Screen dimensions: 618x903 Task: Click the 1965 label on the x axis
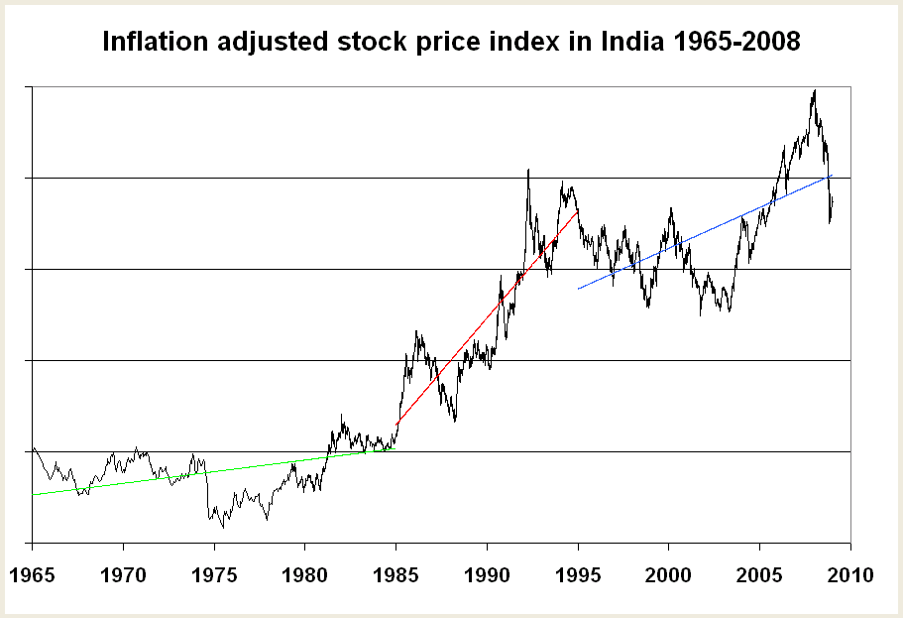pyautogui.click(x=33, y=575)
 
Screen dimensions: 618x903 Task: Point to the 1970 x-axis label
pyautogui.click(x=123, y=575)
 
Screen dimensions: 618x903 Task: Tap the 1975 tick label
pyautogui.click(x=214, y=575)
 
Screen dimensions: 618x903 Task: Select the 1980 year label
pyautogui.click(x=305, y=575)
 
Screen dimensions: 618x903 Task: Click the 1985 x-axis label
pyautogui.click(x=395, y=575)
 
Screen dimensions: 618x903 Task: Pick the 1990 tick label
pyautogui.click(x=487, y=575)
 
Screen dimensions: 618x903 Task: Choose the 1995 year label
pyautogui.click(x=578, y=575)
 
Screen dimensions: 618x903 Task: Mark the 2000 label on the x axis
pyautogui.click(x=668, y=575)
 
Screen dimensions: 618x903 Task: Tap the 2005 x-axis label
pyautogui.click(x=759, y=575)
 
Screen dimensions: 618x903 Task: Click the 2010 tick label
pyautogui.click(x=849, y=575)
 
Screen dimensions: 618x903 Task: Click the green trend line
pyautogui.click(x=198, y=473)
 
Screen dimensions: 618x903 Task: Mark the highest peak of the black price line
pyautogui.click(x=814, y=90)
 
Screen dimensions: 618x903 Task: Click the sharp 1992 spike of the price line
pyautogui.click(x=527, y=170)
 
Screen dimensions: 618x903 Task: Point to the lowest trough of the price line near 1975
pyautogui.click(x=222, y=528)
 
